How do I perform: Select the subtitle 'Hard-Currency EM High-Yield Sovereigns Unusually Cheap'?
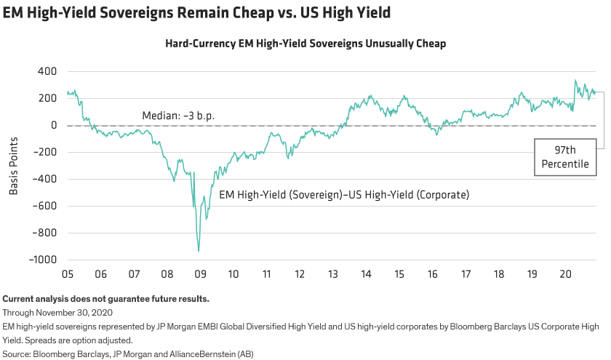point(305,44)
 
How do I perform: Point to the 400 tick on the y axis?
point(47,72)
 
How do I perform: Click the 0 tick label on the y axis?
point(53,126)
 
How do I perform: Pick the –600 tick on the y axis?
point(45,207)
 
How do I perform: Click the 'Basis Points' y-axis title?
point(13,166)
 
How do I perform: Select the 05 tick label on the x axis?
point(67,274)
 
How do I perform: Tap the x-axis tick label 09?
point(200,274)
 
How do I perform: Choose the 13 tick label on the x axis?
point(333,274)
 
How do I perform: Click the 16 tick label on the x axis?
point(433,274)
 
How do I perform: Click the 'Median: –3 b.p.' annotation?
point(178,116)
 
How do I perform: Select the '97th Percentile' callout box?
point(565,157)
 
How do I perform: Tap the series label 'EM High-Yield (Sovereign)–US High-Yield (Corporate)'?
point(344,195)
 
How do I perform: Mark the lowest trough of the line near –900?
point(199,251)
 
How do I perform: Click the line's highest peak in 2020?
point(575,81)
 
